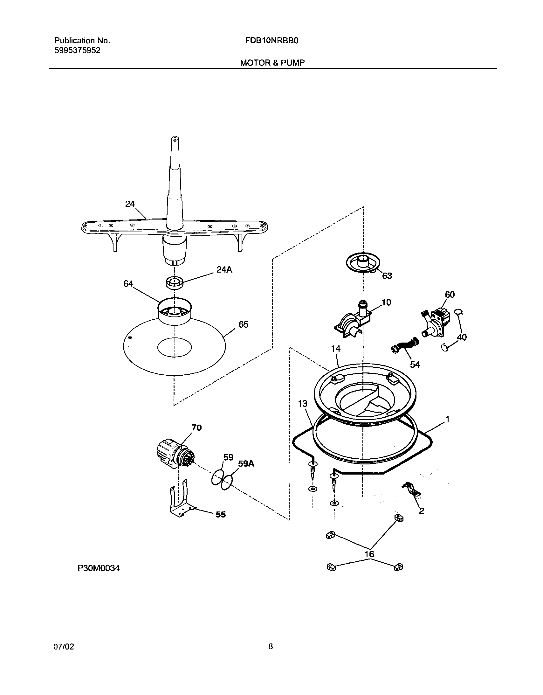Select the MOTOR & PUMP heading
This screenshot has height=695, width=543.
tap(272, 63)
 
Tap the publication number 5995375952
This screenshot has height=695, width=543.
tap(77, 50)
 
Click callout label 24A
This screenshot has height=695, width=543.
tap(224, 269)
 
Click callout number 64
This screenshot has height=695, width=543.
tap(128, 283)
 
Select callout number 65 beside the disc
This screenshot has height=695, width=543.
tap(243, 324)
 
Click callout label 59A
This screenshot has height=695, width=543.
tap(246, 464)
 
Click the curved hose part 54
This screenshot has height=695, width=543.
tap(405, 345)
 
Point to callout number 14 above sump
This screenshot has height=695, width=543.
tap(336, 349)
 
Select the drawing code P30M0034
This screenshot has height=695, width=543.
tap(99, 568)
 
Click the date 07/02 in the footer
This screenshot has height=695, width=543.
tap(64, 646)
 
